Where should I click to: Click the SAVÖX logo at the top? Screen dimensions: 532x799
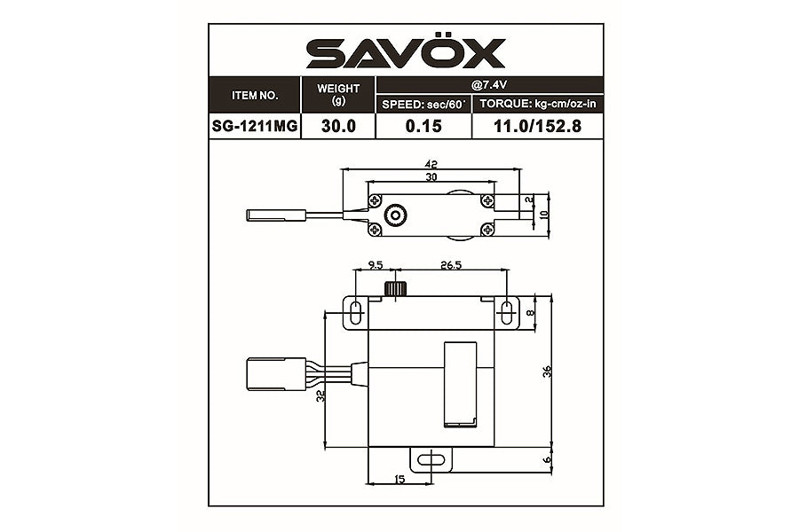406,53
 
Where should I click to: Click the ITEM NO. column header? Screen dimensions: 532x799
255,93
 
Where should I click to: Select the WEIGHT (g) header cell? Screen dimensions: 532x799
338,93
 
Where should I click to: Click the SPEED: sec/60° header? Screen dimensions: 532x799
423,105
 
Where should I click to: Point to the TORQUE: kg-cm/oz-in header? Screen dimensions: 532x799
536,105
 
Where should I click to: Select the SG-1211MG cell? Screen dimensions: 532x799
255,126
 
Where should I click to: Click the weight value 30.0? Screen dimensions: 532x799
338,126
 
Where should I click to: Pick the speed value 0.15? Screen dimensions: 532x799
423,126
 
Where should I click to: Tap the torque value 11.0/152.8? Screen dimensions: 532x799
536,126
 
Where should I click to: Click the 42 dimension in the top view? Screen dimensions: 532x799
431,164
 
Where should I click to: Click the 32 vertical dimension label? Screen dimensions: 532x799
320,396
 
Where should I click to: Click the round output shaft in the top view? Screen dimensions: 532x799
394,215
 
